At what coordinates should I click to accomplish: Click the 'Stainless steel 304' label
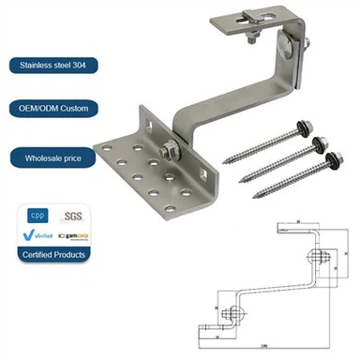point(50,66)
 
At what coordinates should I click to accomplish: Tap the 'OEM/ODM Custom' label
point(48,109)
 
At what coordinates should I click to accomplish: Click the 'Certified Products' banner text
point(53,254)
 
